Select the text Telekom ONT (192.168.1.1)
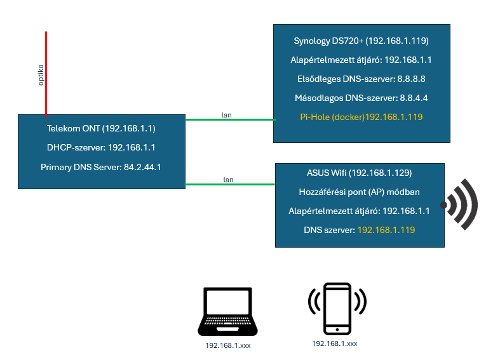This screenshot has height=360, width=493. click(x=101, y=128)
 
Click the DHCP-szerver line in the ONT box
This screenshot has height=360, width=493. click(x=101, y=147)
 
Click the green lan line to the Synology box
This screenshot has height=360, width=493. click(x=229, y=119)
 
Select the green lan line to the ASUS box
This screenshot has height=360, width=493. click(x=229, y=185)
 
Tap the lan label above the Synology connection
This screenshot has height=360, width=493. click(x=226, y=115)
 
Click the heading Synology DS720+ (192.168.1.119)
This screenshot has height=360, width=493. click(x=361, y=41)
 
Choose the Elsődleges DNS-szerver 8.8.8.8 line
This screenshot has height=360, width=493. click(x=361, y=79)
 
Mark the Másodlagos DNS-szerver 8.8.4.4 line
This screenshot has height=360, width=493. click(x=361, y=98)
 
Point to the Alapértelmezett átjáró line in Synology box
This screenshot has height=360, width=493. click(x=361, y=60)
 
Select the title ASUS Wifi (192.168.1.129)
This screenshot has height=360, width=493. click(x=360, y=173)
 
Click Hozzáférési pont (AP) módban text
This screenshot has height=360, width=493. click(x=360, y=192)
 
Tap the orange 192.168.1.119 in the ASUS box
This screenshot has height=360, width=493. click(x=386, y=230)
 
